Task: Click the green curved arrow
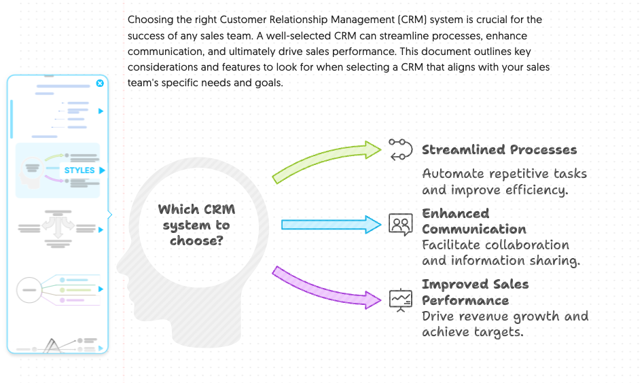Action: pos(325,158)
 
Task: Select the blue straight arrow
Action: pos(331,225)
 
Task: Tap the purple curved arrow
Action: pos(325,289)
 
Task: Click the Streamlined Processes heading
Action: pos(499,150)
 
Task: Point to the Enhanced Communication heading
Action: pos(474,221)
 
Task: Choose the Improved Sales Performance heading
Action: pos(476,292)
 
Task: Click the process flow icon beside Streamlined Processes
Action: pos(400,150)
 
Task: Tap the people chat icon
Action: pos(400,224)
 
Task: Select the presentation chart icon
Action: pos(400,300)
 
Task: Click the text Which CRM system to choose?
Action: pos(197,225)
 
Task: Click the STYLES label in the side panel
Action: pos(79,170)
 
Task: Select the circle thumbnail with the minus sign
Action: pos(29,290)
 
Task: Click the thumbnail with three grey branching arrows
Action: pos(58,228)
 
